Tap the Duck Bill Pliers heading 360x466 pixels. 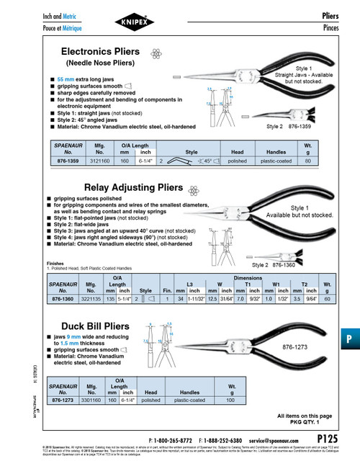coord(94,326)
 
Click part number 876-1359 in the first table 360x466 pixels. coord(63,163)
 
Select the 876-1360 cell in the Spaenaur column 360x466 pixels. coord(63,298)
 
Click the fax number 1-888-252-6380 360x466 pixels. coord(225,439)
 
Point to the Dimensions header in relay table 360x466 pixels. coord(247,276)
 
